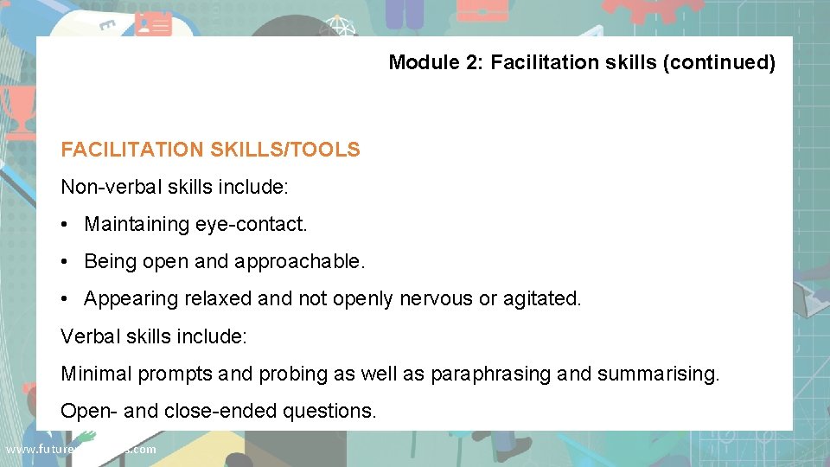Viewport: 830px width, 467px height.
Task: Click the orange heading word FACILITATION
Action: tap(131, 150)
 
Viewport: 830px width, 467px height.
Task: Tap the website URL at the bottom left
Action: tap(80, 449)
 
